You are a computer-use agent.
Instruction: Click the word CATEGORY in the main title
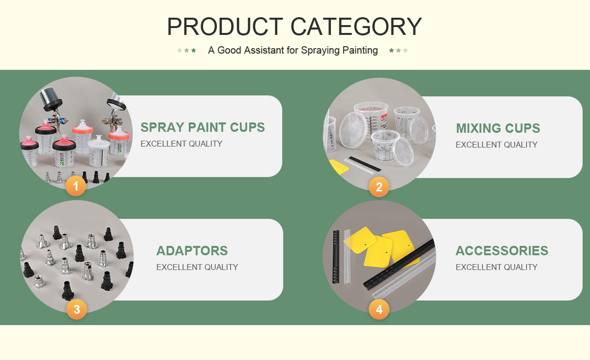(x=356, y=27)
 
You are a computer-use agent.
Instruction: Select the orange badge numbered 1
(x=76, y=186)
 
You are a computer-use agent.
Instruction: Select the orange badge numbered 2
(x=379, y=187)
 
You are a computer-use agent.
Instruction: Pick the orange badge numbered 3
(x=77, y=309)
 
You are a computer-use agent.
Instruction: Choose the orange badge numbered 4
(x=379, y=309)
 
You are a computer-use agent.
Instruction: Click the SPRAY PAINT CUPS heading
(x=203, y=127)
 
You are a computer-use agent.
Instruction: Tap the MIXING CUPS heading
(x=498, y=128)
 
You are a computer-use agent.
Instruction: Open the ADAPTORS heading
(x=192, y=251)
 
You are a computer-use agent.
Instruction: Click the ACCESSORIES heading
(x=502, y=251)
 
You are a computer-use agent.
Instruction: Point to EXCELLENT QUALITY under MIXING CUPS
(x=497, y=145)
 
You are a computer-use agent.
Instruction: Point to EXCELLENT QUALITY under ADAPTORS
(x=197, y=267)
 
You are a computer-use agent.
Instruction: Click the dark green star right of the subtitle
(x=391, y=50)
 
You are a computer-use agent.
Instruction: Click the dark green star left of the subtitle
(x=194, y=50)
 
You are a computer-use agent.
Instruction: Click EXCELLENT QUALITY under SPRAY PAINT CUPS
(x=181, y=144)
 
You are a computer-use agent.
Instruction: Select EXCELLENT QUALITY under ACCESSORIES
(x=497, y=267)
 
